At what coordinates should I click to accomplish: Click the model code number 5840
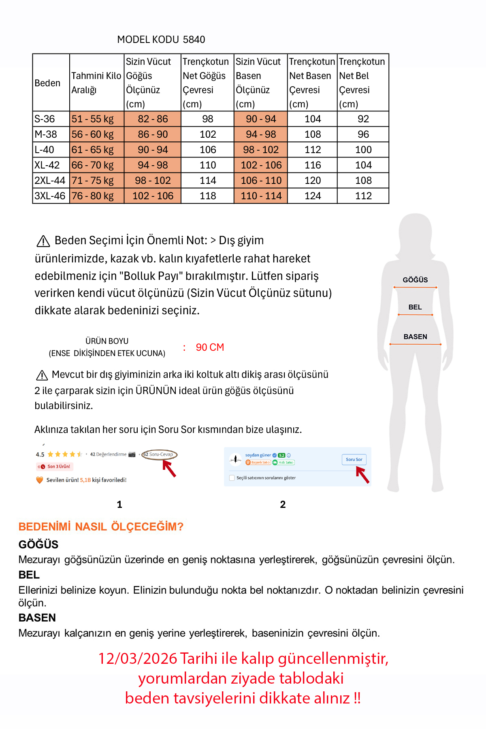click(194, 40)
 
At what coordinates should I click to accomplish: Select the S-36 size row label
click(45, 119)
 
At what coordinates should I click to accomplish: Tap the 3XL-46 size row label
click(50, 196)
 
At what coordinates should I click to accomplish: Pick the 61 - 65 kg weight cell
click(93, 150)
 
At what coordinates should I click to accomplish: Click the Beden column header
click(47, 83)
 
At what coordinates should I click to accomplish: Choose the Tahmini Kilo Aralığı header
click(96, 83)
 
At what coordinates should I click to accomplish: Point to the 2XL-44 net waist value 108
click(363, 181)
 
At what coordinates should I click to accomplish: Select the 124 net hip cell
click(313, 196)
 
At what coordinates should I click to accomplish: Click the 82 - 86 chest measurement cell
click(153, 119)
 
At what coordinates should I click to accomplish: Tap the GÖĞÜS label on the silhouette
click(415, 280)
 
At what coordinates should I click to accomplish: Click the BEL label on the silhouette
click(415, 307)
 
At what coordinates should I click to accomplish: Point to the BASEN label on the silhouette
click(415, 337)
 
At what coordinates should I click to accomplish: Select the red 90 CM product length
click(210, 347)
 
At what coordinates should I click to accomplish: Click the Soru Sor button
click(354, 460)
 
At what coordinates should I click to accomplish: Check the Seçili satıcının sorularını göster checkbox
click(232, 478)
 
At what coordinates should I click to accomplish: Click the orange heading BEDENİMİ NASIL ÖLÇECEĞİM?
click(101, 527)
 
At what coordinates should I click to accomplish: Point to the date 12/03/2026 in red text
click(138, 659)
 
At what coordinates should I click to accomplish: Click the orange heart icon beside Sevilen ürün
click(40, 480)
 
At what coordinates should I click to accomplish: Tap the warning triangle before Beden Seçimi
click(43, 241)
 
